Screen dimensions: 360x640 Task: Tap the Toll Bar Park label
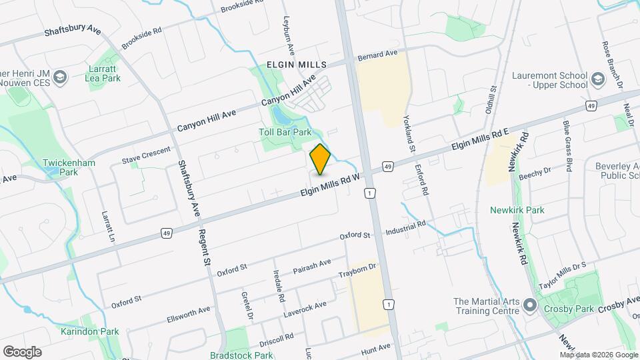click(285, 132)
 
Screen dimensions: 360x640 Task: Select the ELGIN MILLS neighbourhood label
click(297, 65)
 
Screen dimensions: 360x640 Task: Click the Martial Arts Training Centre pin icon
click(531, 306)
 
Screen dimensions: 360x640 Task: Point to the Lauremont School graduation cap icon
click(597, 81)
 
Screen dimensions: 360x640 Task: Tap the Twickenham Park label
click(69, 167)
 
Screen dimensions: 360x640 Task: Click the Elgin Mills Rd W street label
click(330, 184)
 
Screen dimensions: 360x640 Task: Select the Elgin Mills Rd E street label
click(480, 141)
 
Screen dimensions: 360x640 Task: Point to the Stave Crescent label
click(147, 156)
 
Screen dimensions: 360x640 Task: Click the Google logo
click(22, 351)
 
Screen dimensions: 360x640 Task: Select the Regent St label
click(204, 246)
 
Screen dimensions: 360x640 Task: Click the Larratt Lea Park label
click(102, 73)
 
